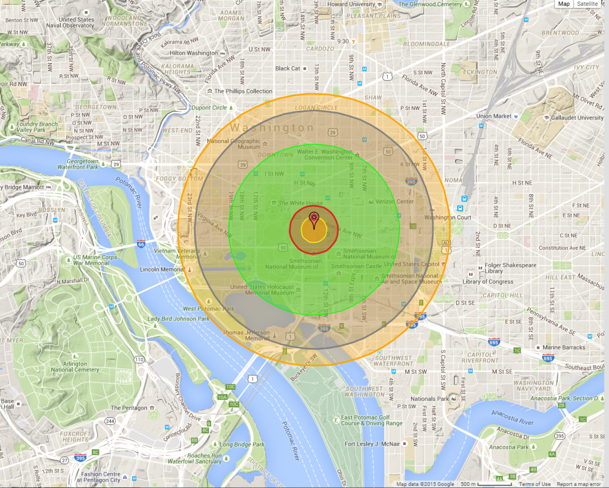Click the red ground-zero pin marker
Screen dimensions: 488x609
point(314,218)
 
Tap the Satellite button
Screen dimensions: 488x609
point(587,4)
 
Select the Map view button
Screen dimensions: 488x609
point(564,4)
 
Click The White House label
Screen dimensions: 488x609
point(300,203)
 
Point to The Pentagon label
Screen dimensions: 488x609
point(129,408)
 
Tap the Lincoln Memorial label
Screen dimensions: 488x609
point(162,270)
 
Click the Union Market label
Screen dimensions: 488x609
point(494,116)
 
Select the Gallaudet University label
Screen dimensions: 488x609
point(577,118)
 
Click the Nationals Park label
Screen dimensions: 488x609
point(430,399)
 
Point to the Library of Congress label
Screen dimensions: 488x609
point(488,282)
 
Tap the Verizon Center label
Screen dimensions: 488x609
point(394,202)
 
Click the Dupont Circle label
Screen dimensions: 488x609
point(209,108)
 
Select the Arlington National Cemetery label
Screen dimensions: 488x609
point(75,367)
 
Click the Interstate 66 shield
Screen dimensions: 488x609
point(141,244)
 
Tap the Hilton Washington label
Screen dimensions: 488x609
point(194,53)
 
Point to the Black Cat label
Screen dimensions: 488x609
point(288,69)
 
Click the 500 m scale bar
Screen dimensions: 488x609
point(494,484)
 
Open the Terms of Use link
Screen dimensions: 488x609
point(534,484)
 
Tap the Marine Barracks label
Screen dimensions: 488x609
point(563,348)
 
